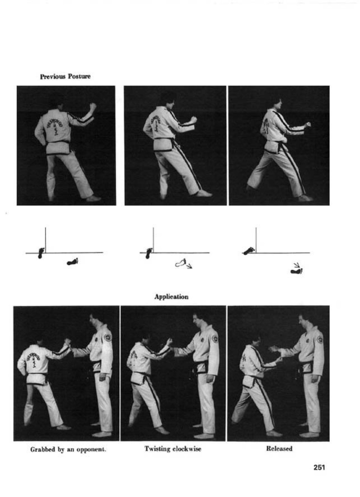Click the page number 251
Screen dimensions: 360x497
coord(319,468)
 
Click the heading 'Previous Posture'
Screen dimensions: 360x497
coord(65,77)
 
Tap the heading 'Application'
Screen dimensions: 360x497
coord(172,297)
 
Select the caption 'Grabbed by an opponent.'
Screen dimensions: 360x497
coord(68,450)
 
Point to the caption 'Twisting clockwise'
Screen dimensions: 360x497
coord(173,449)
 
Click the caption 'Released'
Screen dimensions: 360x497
coord(279,449)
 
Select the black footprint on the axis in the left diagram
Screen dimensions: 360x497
coord(41,253)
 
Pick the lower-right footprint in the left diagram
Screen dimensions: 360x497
coord(72,261)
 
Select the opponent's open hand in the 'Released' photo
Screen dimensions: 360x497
coord(274,349)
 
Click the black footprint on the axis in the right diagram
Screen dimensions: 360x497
coord(249,251)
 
